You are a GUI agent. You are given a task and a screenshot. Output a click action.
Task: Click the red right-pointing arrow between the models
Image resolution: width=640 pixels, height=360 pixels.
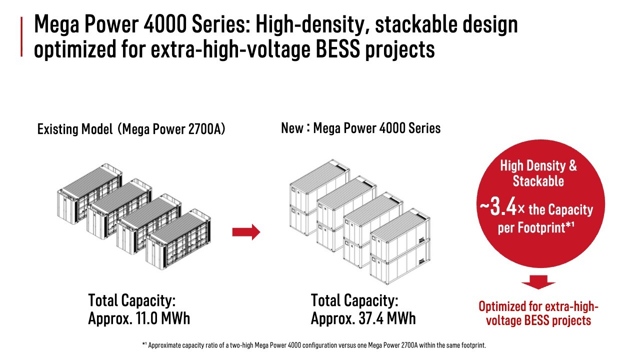coord(246,232)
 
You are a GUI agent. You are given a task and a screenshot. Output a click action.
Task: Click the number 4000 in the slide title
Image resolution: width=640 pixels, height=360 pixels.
coord(164,24)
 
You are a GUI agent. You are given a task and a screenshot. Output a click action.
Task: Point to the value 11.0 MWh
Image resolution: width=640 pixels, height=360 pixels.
coord(161,318)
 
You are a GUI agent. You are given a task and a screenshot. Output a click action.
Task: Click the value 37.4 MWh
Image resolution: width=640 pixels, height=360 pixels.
coord(387,318)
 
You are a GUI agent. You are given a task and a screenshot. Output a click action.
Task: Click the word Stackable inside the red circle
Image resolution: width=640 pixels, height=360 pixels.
coord(538,181)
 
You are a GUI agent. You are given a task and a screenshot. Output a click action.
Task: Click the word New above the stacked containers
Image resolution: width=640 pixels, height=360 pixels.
coord(291,128)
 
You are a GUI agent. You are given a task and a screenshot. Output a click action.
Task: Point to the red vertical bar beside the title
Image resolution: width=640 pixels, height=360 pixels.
coord(21,36)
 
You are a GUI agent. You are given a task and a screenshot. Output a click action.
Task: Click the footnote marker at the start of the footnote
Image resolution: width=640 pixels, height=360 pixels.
coord(144,344)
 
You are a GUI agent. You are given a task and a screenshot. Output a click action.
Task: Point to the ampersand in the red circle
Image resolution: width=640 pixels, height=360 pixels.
coord(572,165)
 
